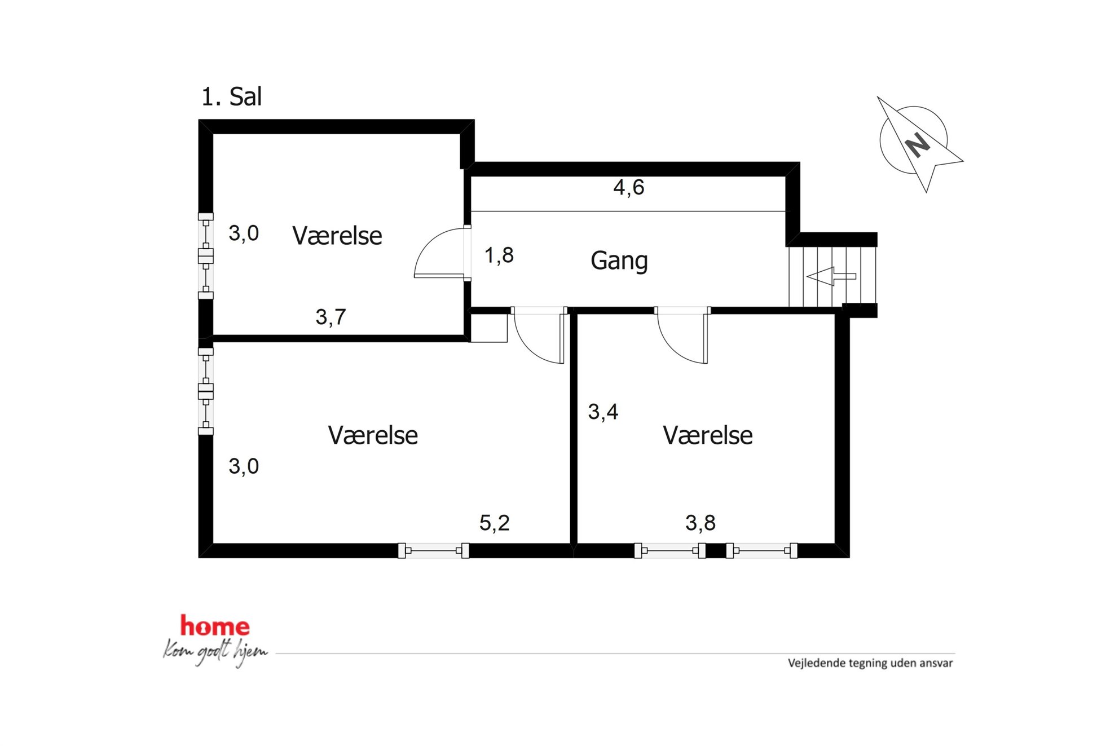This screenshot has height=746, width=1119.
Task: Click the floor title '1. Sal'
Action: (231, 97)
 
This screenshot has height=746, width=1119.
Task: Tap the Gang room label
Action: (619, 261)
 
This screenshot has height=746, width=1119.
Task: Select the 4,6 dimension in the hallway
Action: (628, 187)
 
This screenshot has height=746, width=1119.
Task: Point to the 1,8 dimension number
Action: (499, 255)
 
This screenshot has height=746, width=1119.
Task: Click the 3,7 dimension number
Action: (331, 317)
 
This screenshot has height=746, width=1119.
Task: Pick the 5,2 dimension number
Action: (495, 523)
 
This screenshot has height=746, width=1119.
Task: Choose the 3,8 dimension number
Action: (701, 523)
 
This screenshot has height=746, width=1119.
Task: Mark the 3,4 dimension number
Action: (603, 412)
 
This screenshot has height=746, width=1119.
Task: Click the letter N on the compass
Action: (918, 145)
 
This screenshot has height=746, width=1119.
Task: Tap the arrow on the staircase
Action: (831, 276)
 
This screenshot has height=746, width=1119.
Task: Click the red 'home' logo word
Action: (215, 626)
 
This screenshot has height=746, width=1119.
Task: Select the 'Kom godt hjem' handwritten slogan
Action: (215, 652)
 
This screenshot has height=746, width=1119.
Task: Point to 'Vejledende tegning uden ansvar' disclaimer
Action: (870, 663)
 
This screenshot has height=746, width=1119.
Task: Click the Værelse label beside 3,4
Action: (708, 435)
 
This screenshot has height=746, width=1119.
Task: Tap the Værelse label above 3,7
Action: (337, 236)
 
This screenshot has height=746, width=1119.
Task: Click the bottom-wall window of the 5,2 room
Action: (433, 550)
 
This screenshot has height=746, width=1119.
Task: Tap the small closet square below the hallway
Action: (489, 328)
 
